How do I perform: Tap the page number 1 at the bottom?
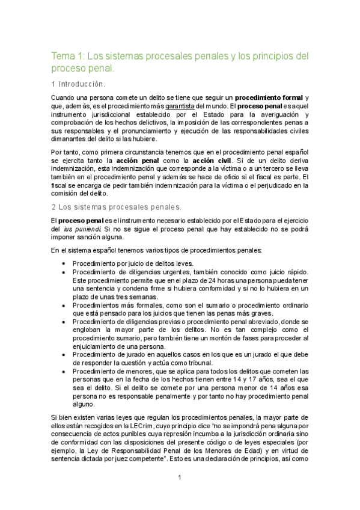(x=179, y=478)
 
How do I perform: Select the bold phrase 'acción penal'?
(x=135, y=162)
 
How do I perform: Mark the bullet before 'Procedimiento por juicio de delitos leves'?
(x=64, y=264)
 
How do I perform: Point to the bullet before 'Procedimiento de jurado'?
(x=64, y=355)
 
